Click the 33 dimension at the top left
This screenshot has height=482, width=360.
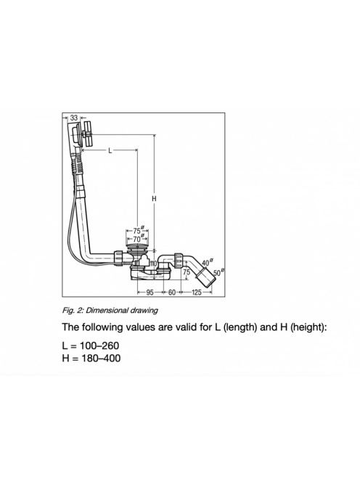pos(74,118)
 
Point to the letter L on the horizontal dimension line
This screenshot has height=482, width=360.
pos(110,150)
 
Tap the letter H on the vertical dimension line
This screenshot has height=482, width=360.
pos(154,199)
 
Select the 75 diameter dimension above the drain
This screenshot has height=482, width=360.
pos(139,231)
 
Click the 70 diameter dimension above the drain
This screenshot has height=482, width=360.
pos(138,239)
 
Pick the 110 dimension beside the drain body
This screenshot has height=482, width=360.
pos(153,264)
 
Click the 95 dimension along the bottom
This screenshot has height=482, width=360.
pos(150,293)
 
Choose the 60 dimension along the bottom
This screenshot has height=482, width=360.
pos(171,293)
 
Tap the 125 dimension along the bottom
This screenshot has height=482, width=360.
pos(197,293)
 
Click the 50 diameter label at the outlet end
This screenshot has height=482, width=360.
pos(218,272)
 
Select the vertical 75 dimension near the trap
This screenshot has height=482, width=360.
pos(187,272)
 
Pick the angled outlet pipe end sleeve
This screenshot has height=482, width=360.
pos(205,277)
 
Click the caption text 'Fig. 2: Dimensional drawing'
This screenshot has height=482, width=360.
pos(110,310)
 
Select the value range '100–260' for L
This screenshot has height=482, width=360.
pos(99,346)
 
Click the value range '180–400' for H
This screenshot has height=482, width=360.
pos(101,358)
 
